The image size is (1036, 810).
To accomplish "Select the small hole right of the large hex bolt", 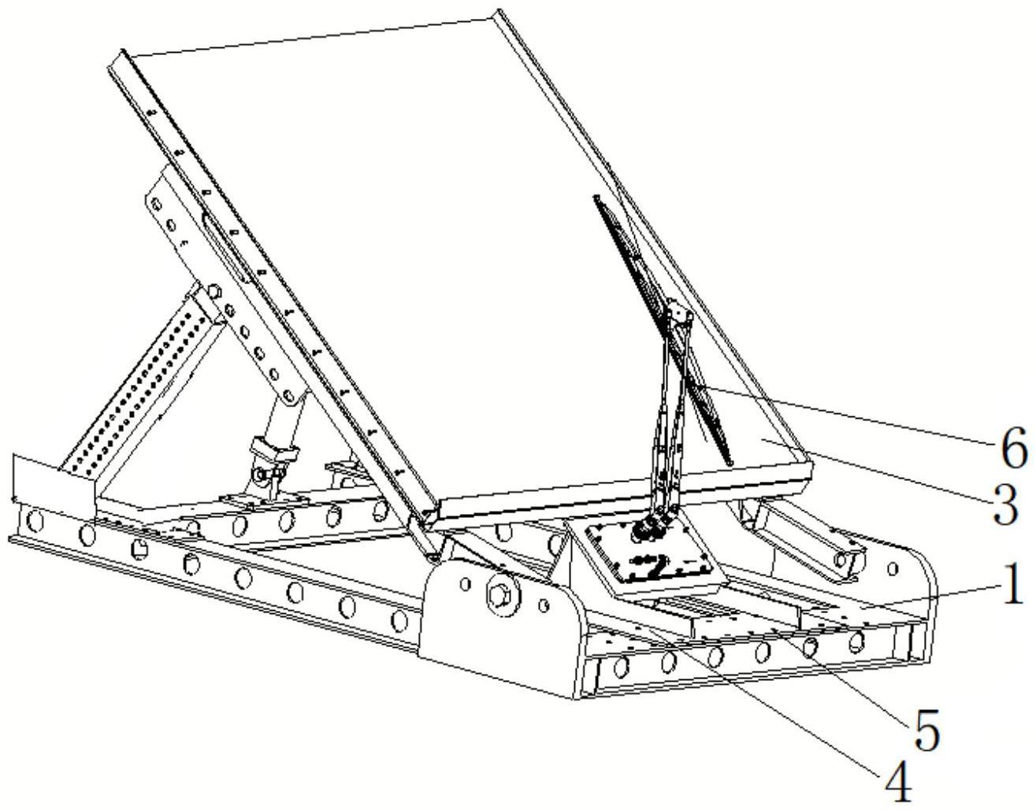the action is click(x=543, y=605).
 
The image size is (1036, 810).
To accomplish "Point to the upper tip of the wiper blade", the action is click(x=596, y=196).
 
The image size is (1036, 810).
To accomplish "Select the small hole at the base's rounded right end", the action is click(x=893, y=568).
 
